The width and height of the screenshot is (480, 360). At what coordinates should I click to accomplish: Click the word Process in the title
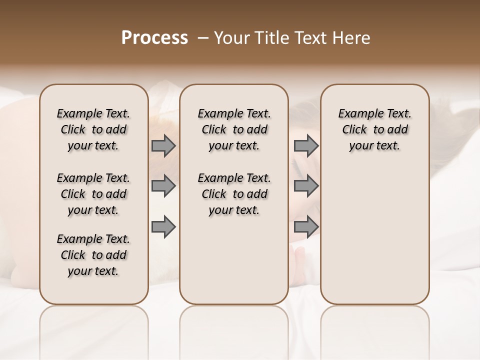tap(154, 38)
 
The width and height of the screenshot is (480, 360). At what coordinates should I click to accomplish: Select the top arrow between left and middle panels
tap(163, 146)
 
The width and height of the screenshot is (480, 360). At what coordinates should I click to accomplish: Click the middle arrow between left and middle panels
tap(163, 186)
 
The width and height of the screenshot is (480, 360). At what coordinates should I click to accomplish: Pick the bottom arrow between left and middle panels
tap(163, 227)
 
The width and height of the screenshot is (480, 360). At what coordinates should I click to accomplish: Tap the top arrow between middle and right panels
tap(306, 146)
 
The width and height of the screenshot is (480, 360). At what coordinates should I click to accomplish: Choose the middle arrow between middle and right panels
tap(306, 186)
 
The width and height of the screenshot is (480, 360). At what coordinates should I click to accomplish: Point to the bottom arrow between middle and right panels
tap(306, 227)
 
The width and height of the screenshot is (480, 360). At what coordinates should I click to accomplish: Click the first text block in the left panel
tap(93, 129)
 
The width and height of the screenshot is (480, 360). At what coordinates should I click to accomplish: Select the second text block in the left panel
tap(93, 194)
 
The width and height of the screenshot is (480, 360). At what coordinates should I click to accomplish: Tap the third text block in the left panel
tap(93, 255)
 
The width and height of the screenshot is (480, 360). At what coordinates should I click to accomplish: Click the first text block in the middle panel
tap(234, 129)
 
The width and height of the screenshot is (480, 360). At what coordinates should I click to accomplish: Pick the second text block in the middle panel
tap(234, 194)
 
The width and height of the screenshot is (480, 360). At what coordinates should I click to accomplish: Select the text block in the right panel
tap(375, 129)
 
